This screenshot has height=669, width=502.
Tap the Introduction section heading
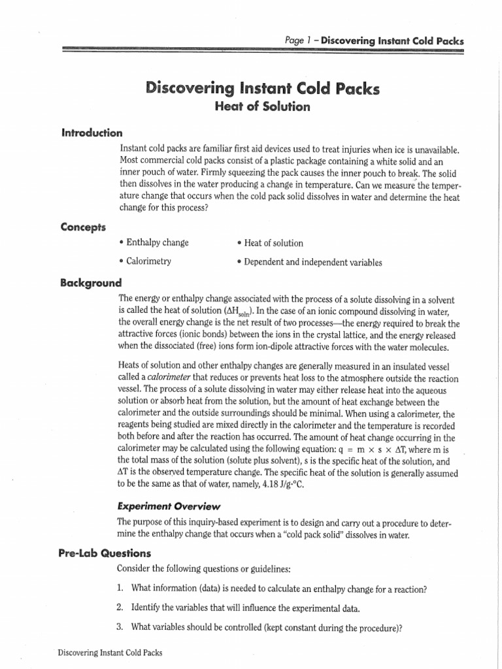pos(92,133)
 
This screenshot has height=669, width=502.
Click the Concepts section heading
pos(83,227)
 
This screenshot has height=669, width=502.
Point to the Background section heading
pos(91,283)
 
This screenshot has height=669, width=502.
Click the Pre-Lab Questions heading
pos(105,553)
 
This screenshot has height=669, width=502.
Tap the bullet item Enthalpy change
pos(154,243)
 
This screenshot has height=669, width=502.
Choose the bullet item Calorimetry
pos(145,261)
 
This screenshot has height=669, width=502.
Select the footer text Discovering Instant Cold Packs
pos(110,652)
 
